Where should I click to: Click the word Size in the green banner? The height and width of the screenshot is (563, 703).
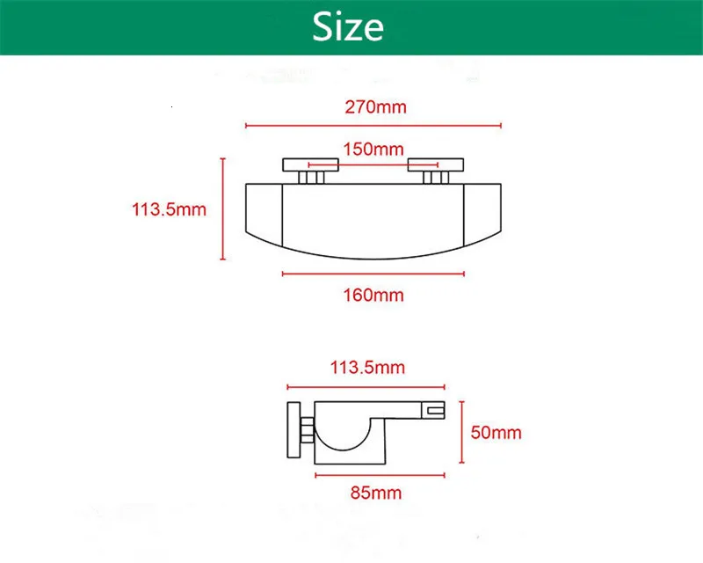click(x=348, y=26)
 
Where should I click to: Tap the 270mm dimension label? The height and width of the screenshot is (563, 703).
click(x=376, y=106)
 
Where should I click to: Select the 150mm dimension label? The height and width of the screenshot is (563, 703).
click(x=373, y=149)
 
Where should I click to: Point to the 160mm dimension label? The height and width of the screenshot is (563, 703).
click(x=373, y=295)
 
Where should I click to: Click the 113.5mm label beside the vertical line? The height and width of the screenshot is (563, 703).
click(x=169, y=209)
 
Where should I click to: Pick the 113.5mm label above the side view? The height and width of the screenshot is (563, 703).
click(x=367, y=367)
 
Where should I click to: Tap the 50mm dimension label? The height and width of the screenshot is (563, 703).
click(x=496, y=432)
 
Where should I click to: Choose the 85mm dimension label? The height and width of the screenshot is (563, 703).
click(x=376, y=493)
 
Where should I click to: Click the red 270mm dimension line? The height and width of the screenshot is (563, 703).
click(x=373, y=126)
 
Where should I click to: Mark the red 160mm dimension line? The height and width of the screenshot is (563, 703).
click(x=373, y=274)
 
